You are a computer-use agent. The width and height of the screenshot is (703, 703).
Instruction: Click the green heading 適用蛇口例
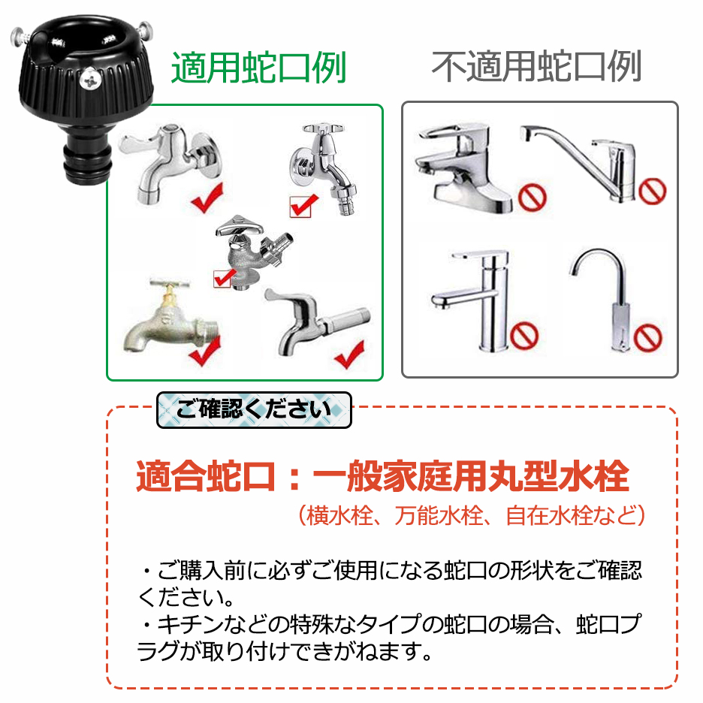click(x=258, y=68)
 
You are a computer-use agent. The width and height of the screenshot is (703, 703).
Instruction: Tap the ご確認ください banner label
click(x=254, y=409)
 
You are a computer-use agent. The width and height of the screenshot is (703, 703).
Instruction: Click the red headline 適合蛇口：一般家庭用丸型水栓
click(x=382, y=475)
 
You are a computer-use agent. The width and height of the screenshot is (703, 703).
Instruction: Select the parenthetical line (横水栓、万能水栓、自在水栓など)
click(x=472, y=515)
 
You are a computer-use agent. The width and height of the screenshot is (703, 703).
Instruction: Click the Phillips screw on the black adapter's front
click(x=89, y=80)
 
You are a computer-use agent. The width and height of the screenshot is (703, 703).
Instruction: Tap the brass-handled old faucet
click(x=170, y=317)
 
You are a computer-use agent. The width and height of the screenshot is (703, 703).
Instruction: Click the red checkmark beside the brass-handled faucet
click(x=205, y=350)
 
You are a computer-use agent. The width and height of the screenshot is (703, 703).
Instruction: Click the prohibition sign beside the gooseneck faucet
click(x=647, y=337)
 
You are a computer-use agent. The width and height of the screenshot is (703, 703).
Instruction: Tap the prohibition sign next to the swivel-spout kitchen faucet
click(x=653, y=191)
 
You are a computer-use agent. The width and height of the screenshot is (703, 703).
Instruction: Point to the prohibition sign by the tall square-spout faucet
click(x=524, y=336)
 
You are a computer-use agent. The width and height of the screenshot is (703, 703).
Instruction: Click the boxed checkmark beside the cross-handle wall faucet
click(x=303, y=207)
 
